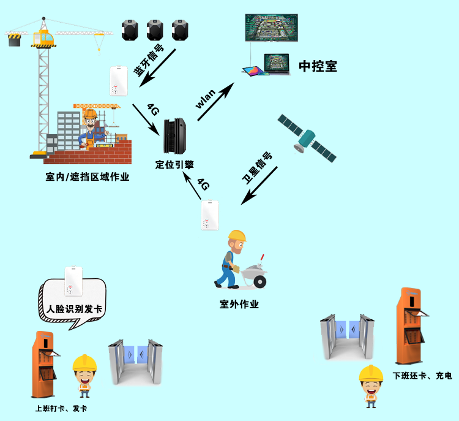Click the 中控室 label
(318, 66)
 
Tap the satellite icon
(307, 138)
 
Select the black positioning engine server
(175, 136)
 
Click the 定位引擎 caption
(174, 164)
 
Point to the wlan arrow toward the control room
(216, 102)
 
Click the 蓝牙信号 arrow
(157, 68)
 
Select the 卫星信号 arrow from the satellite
(259, 186)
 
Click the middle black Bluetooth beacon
(155, 30)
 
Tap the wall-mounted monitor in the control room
(271, 28)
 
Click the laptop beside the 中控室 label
(277, 64)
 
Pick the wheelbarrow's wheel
(259, 282)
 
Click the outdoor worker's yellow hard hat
(237, 236)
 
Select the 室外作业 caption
(239, 305)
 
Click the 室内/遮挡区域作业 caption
(88, 176)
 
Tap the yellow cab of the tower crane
(44, 38)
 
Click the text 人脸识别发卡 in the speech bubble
(75, 309)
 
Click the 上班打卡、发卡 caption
(61, 408)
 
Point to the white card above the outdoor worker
(210, 215)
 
